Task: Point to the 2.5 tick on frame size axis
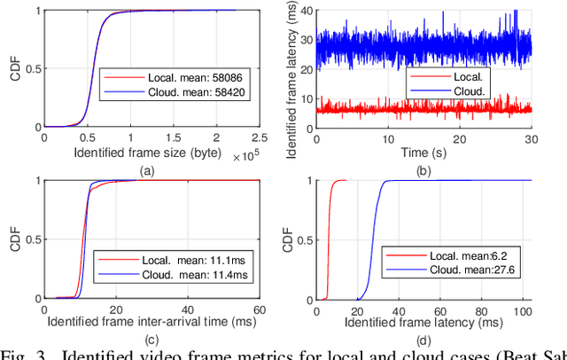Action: tap(258, 138)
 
